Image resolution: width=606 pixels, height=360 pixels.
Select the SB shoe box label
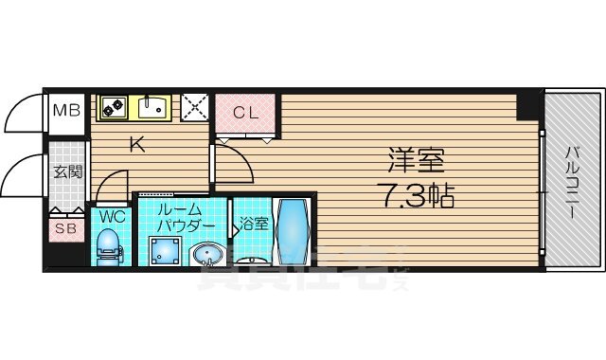(66, 227)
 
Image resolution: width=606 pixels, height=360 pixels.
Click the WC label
(111, 215)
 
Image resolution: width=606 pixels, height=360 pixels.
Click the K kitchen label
(137, 145)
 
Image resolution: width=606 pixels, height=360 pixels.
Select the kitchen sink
(152, 108)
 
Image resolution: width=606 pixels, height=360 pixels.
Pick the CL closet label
(245, 113)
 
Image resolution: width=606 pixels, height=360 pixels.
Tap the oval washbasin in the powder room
(205, 254)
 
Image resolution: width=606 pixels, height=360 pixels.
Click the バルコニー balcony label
(574, 180)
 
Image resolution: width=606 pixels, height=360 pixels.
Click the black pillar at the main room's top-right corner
(526, 104)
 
